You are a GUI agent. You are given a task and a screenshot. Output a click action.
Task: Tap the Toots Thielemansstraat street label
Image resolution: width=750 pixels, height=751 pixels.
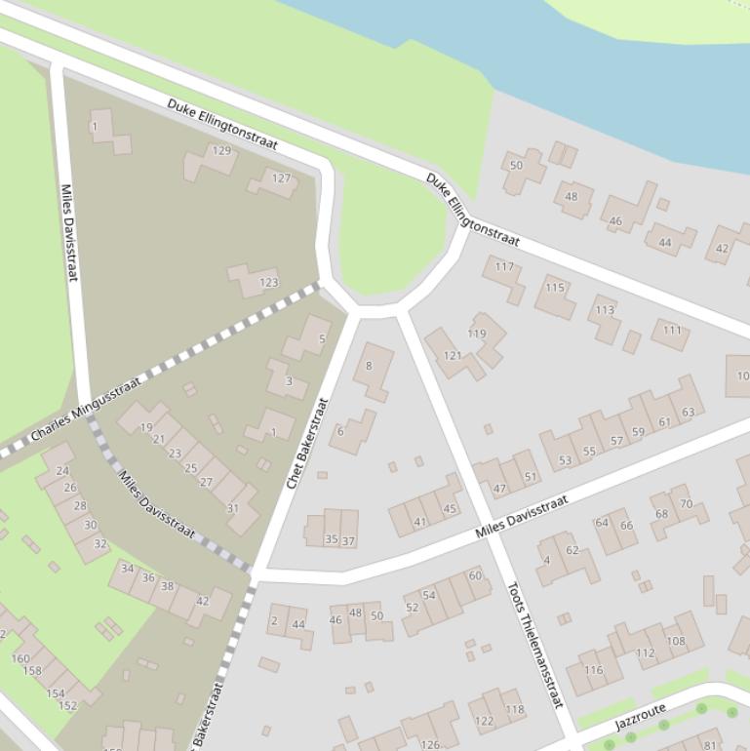(535, 645)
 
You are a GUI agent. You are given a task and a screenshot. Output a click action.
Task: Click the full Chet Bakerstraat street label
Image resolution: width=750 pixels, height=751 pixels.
(307, 443)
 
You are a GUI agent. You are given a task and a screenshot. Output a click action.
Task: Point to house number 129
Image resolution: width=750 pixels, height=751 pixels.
(221, 151)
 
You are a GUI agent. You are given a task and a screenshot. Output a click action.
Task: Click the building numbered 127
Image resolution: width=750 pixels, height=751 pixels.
(281, 178)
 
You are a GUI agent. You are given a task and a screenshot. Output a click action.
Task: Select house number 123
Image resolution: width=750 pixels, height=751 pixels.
(268, 283)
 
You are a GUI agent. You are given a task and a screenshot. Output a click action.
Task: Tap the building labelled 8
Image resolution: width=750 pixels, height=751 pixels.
(369, 367)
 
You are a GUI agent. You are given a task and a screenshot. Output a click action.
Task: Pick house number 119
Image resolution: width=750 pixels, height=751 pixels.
(476, 334)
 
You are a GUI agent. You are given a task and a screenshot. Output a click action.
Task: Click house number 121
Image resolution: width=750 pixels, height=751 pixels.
(453, 356)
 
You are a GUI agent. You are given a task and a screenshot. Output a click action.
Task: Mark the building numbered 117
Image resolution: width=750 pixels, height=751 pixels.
(504, 267)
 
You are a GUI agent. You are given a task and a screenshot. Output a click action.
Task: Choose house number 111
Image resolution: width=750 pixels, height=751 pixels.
(672, 331)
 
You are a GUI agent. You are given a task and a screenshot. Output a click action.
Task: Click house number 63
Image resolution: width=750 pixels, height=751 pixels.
(688, 412)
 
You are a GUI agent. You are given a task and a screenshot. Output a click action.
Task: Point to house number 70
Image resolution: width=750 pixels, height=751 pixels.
(686, 504)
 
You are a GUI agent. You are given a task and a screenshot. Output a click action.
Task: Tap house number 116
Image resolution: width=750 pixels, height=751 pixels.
(593, 670)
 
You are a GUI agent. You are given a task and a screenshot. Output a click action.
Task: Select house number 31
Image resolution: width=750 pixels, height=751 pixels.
(233, 508)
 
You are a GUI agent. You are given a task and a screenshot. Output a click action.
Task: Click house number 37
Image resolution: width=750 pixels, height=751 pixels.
(348, 540)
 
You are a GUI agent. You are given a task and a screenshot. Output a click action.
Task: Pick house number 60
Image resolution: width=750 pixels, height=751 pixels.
(475, 575)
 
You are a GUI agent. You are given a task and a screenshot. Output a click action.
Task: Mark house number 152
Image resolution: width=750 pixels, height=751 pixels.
(67, 705)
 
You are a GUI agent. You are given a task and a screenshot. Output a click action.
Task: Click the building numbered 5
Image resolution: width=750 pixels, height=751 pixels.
(322, 339)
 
